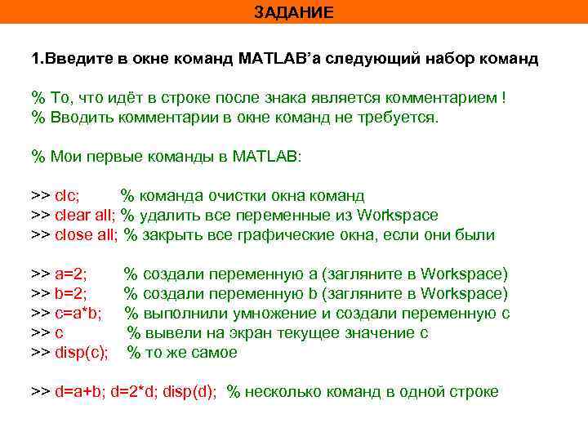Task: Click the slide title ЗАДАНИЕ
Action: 293,12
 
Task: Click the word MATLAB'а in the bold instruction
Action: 279,60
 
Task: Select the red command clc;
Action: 67,196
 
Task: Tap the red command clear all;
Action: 85,216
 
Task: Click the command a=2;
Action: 71,274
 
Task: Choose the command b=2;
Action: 71,294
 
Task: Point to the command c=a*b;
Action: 78,314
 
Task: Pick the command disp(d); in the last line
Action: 190,392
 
